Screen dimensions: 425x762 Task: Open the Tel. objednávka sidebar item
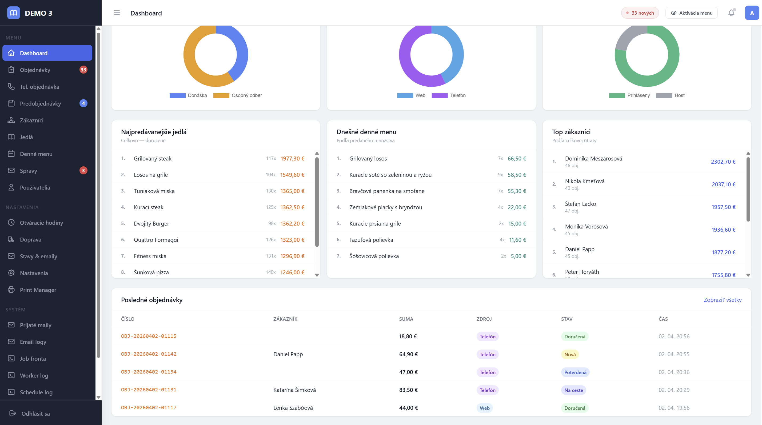coord(39,87)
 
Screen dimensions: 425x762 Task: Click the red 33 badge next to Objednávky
coord(83,70)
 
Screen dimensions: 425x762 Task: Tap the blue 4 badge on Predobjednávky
coord(83,103)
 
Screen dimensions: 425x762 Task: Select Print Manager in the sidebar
coord(38,290)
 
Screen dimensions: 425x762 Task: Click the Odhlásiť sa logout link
coord(35,414)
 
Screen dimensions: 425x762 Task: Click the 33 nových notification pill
coord(640,13)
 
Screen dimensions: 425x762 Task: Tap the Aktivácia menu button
coord(691,13)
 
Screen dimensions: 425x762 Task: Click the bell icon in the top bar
coord(731,13)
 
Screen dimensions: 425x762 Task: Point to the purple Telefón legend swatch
coord(440,95)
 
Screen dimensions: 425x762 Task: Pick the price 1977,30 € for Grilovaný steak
coord(292,159)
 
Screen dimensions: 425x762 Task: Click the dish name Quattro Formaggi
coord(156,240)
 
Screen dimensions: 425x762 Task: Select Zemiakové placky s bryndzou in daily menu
coord(385,207)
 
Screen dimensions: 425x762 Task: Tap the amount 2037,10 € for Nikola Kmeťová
coord(723,184)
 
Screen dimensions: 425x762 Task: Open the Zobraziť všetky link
coord(722,300)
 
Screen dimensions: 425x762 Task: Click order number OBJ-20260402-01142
coord(149,354)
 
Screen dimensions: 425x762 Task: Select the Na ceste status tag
coord(573,390)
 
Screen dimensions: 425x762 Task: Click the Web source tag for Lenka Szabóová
coord(485,408)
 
